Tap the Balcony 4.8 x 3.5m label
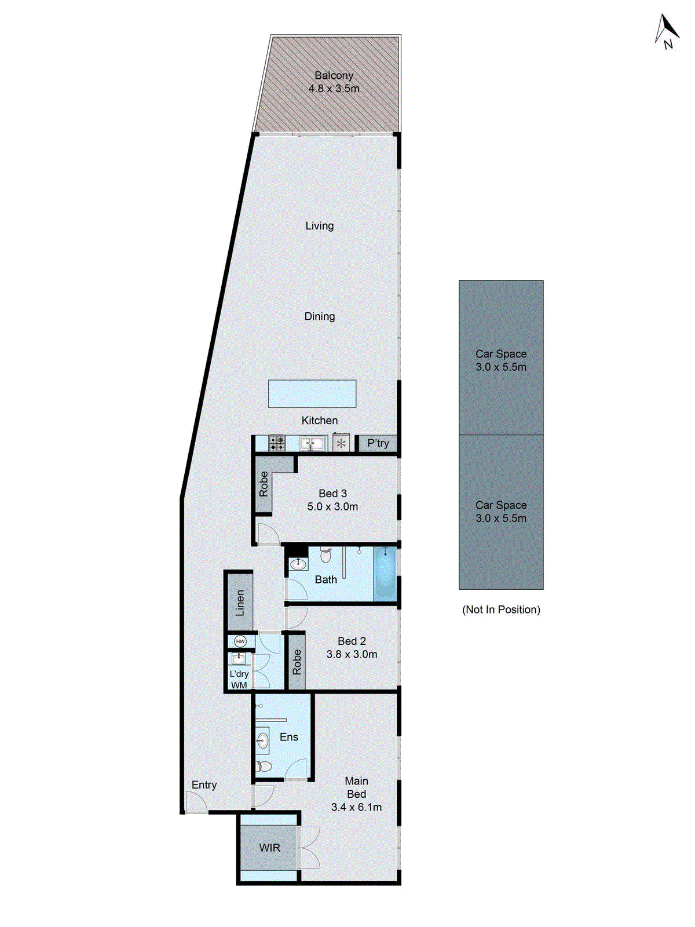(x=334, y=82)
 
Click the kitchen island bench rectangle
(x=312, y=393)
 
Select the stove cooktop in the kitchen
(x=277, y=443)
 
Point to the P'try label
(x=378, y=443)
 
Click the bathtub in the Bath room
(x=385, y=573)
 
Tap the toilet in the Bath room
(x=325, y=555)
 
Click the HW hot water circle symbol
(x=240, y=641)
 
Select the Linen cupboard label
(x=240, y=603)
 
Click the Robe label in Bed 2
(x=297, y=662)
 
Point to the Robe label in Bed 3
(x=264, y=484)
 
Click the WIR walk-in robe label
(x=269, y=848)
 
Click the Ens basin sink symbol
(x=262, y=740)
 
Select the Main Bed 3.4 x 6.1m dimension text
(x=356, y=807)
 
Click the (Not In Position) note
(x=501, y=610)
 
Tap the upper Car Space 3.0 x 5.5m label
(x=501, y=360)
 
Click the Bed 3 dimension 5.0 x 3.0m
(x=332, y=506)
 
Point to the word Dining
(x=320, y=316)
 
